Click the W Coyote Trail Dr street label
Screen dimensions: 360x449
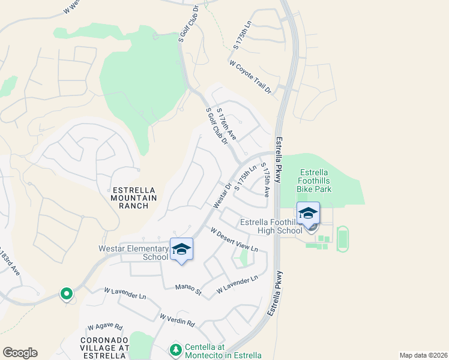click(251, 76)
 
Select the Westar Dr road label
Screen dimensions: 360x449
click(221, 196)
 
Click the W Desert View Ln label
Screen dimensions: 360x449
click(234, 239)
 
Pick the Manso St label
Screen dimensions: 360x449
click(188, 290)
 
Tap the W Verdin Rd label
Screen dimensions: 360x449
click(177, 320)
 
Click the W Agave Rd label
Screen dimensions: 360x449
click(105, 328)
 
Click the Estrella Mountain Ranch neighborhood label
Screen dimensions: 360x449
click(134, 198)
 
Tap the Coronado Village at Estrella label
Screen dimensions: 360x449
click(104, 347)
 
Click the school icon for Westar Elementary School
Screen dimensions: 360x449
click(181, 249)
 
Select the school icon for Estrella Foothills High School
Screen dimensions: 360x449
click(308, 213)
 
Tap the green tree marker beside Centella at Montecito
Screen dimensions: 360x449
click(175, 349)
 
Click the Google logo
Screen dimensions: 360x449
click(20, 353)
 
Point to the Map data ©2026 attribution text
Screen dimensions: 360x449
click(423, 355)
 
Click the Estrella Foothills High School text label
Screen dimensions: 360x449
click(271, 226)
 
